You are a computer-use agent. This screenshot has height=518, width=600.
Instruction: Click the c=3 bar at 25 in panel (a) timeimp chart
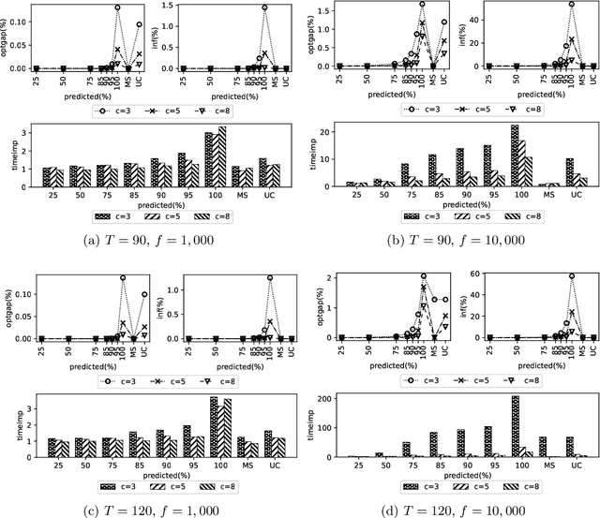tap(44, 177)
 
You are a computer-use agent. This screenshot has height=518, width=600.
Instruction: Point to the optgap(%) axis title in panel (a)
tap(7, 36)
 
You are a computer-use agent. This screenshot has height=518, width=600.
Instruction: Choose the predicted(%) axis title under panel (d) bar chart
tap(448, 472)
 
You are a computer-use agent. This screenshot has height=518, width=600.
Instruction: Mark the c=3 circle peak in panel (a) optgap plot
tap(118, 7)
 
